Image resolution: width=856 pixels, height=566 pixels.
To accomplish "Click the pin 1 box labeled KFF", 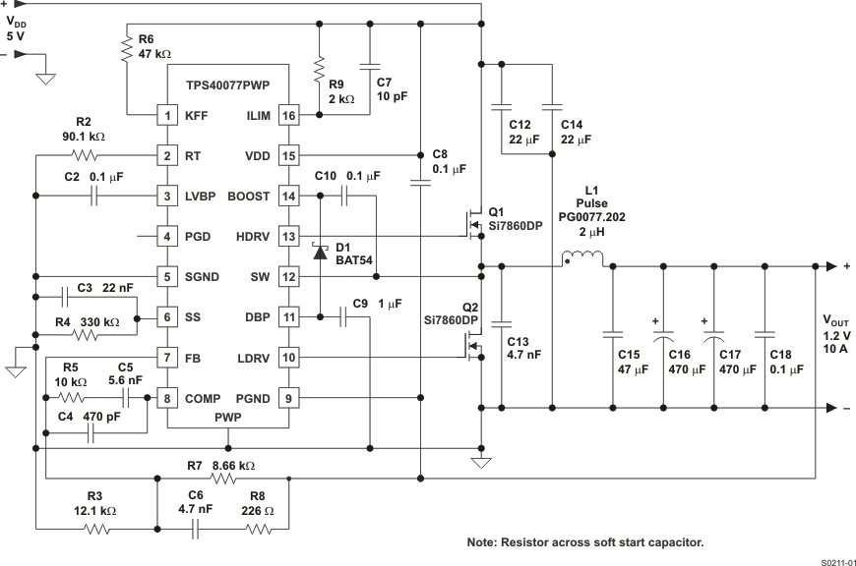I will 168,115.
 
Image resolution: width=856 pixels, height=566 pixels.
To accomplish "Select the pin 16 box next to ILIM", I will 288,115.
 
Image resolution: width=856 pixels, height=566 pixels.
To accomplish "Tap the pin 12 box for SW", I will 288,276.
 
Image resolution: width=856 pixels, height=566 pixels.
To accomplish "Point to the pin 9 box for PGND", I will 288,398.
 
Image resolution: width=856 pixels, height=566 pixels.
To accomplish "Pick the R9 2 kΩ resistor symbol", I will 319,72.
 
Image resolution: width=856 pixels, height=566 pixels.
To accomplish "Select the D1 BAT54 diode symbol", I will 319,252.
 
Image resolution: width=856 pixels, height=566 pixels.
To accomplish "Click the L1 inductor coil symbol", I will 582,258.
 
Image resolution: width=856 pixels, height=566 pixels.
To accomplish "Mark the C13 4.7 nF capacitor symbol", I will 502,322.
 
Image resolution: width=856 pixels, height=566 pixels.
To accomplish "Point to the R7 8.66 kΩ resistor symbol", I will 223,480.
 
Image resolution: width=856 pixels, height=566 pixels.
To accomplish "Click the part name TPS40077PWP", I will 227,85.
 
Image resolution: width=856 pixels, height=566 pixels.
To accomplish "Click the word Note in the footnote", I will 483,542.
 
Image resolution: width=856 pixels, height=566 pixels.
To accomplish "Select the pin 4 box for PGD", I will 168,236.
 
